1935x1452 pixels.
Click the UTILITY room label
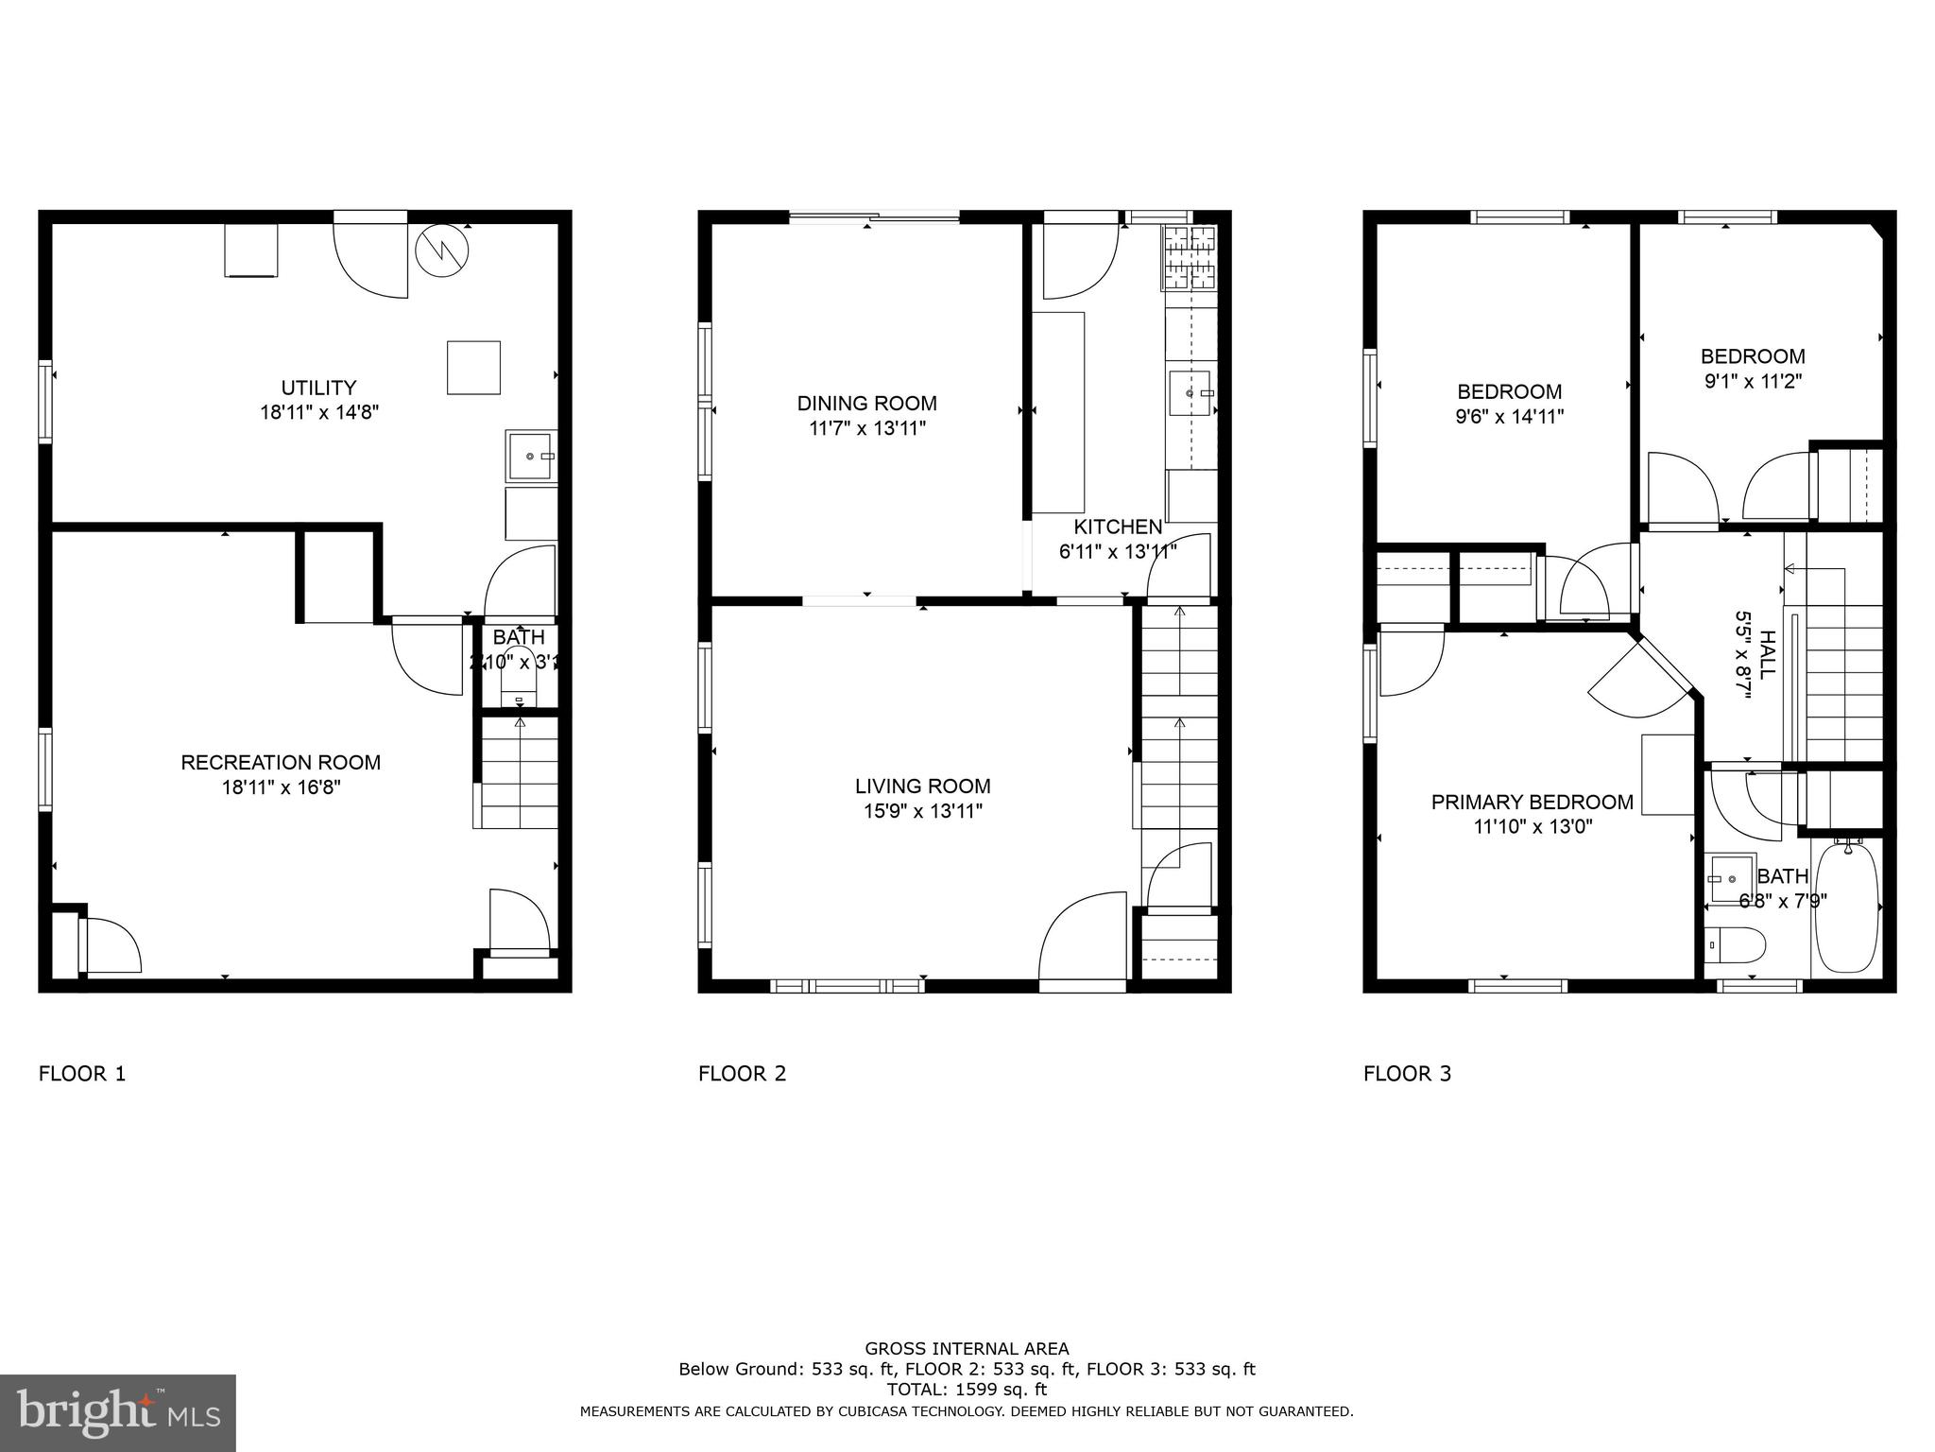318,388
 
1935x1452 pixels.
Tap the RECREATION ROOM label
281,762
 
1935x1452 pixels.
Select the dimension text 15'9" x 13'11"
922,811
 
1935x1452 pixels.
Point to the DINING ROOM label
866,404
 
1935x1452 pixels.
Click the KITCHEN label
1118,527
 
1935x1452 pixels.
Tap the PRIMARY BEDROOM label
1532,803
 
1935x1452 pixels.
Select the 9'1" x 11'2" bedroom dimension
1753,382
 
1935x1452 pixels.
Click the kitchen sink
1190,392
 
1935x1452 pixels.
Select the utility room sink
531,457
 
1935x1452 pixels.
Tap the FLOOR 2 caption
742,1074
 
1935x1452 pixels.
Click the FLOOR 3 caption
1407,1074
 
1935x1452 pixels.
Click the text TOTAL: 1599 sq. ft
967,1390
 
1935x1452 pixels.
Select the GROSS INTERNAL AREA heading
967,1349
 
